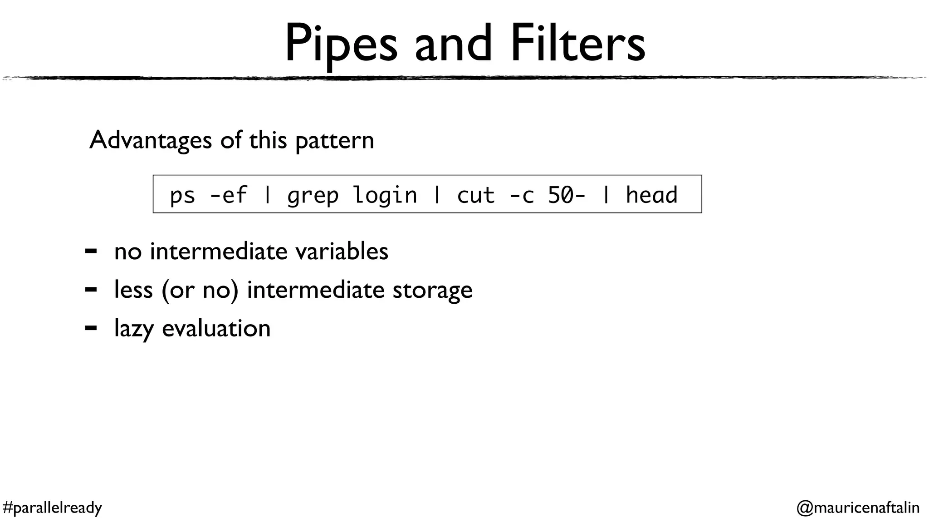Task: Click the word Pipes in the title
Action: coord(341,44)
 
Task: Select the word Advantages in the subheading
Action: coord(151,140)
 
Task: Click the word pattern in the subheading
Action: coord(335,141)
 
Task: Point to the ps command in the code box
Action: coord(182,196)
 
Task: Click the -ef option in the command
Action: coord(229,195)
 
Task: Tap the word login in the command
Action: coord(385,195)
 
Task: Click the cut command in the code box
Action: coord(475,195)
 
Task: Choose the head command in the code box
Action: coord(651,195)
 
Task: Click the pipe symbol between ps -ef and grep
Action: coord(268,195)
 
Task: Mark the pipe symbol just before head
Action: coord(606,195)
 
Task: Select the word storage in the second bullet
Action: coord(432,290)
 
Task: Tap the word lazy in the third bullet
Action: coord(134,329)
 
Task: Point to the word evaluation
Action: coord(216,328)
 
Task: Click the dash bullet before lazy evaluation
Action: coord(91,328)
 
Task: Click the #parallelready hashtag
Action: coord(52,507)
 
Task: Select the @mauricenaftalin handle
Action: coord(858,507)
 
